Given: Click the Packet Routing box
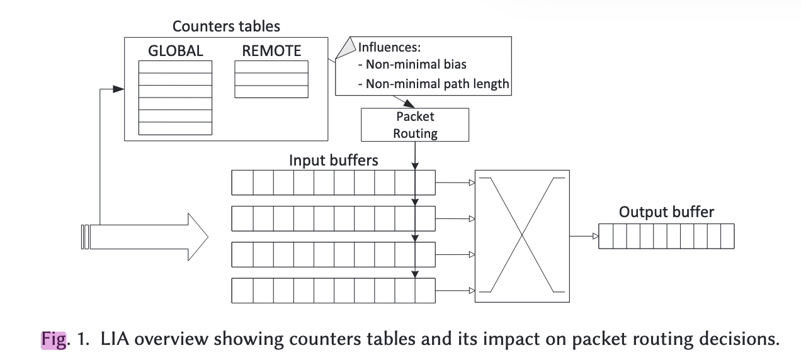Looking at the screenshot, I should (x=415, y=125).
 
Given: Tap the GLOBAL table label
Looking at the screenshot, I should (x=176, y=51).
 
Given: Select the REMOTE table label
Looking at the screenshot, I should (x=271, y=51).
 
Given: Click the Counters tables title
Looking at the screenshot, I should (x=226, y=26).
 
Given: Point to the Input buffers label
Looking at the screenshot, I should (x=333, y=160).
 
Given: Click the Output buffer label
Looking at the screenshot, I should (x=666, y=212).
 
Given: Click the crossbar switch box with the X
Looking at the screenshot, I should (x=522, y=237).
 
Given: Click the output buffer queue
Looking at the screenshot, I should (x=666, y=237).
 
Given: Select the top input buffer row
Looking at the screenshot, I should (x=333, y=183).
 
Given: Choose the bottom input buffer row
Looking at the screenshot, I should (x=333, y=291).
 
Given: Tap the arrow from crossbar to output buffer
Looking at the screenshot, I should (x=584, y=237).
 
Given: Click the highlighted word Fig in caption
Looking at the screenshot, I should (x=54, y=340).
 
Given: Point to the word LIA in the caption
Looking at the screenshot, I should (x=116, y=340).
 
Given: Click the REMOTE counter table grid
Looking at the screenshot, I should (x=271, y=79).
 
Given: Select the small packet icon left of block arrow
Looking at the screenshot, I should (x=85, y=237).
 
